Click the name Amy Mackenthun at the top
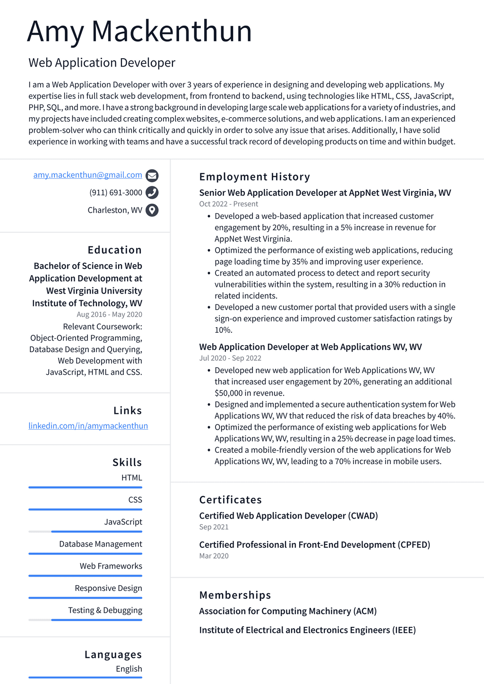point(139,31)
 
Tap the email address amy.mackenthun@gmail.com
point(87,175)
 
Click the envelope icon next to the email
point(152,175)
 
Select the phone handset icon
point(152,192)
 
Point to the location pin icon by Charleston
point(152,210)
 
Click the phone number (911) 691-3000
point(115,192)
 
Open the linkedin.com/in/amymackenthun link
point(88,426)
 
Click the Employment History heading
point(254,177)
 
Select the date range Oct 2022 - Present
point(228,204)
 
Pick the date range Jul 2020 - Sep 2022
point(230,358)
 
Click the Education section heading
point(114,250)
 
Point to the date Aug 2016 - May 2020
point(109,314)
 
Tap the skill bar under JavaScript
point(85,531)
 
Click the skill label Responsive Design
point(108,588)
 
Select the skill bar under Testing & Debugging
point(85,620)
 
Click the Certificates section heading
point(230,500)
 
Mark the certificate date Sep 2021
point(214,527)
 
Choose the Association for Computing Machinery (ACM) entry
point(288,611)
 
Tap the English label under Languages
point(129,669)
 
